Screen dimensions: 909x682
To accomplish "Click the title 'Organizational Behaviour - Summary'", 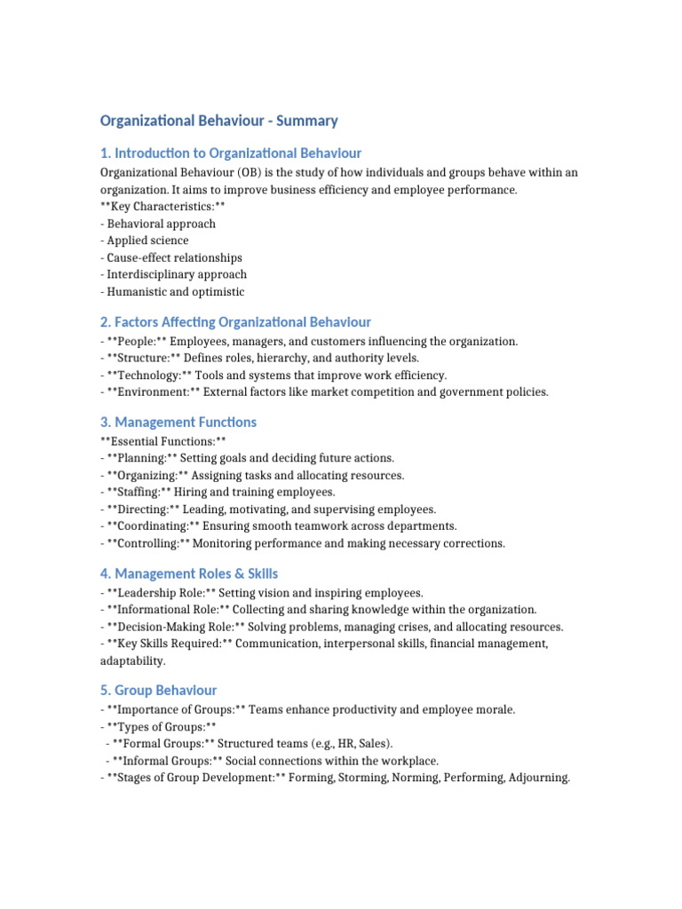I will click(218, 121).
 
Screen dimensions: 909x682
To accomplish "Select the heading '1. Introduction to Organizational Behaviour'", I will click(231, 153).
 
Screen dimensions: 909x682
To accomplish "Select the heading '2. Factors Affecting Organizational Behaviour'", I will click(235, 322).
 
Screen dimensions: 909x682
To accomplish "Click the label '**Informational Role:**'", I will click(163, 610).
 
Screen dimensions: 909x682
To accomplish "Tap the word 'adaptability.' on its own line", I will click(132, 661).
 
